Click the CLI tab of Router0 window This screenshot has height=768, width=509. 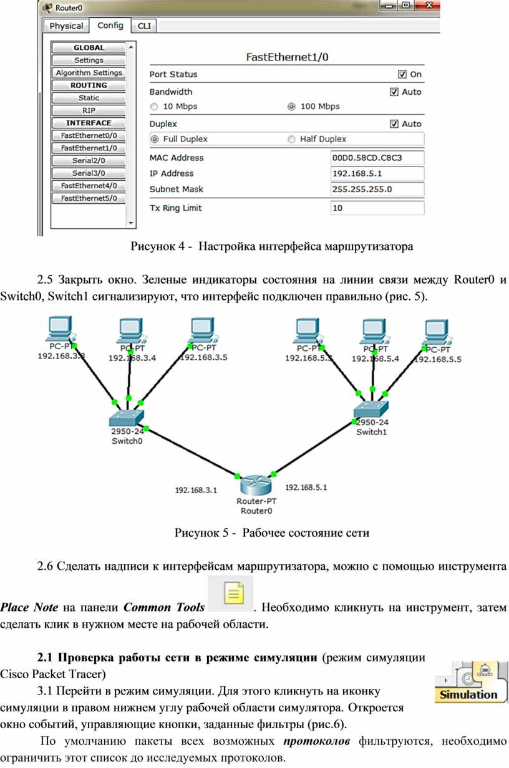pos(144,26)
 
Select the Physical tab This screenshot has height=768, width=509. pos(66,26)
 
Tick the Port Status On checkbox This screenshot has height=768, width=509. pos(402,74)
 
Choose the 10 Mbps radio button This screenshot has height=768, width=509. pos(154,107)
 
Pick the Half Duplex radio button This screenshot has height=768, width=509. pos(291,139)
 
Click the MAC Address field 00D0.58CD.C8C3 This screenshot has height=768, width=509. pos(377,158)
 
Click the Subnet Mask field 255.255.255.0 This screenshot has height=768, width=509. pos(377,190)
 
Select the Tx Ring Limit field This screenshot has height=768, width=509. pos(377,208)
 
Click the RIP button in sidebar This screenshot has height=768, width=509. pos(89,110)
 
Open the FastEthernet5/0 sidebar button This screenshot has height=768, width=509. pos(89,198)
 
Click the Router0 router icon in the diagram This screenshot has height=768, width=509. pos(256,485)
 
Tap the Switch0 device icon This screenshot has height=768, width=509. pos(126,418)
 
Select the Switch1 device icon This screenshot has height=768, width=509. pos(371,409)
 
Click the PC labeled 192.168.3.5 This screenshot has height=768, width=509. pos(204,330)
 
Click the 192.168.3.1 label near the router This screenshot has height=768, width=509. pos(196,490)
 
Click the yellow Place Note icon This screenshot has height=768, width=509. pos(233,593)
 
